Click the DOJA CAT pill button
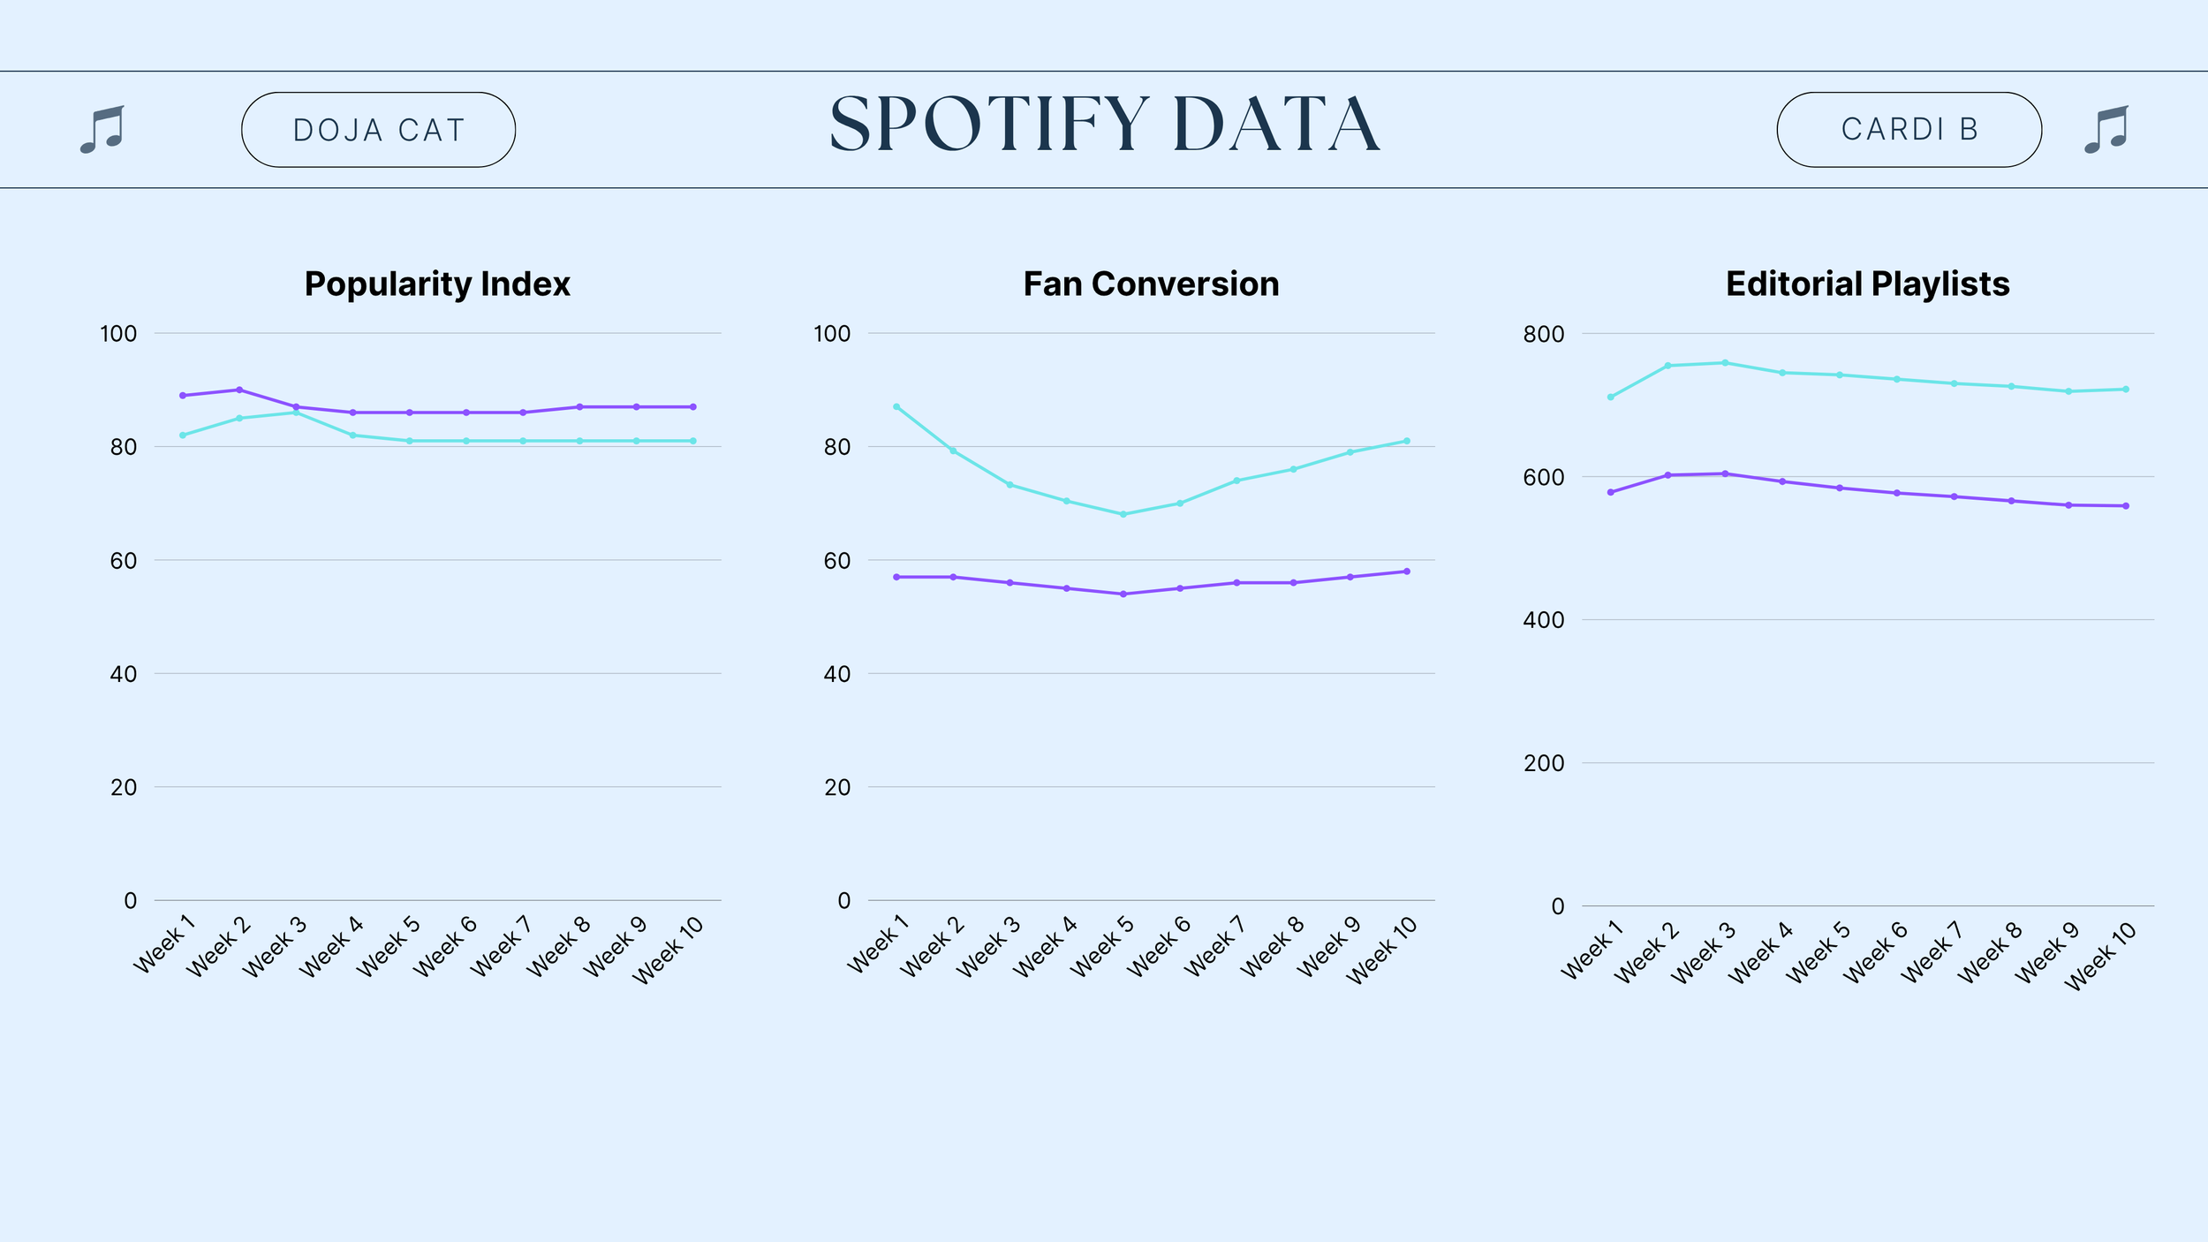pyautogui.click(x=378, y=130)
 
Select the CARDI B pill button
pyautogui.click(x=1909, y=130)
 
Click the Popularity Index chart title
pyautogui.click(x=437, y=284)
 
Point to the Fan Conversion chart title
pyautogui.click(x=1151, y=284)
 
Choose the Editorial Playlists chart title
pyautogui.click(x=1868, y=284)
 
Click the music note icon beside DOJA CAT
pyautogui.click(x=102, y=130)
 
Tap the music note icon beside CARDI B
pyautogui.click(x=2106, y=130)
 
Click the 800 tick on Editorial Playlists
pyautogui.click(x=1543, y=334)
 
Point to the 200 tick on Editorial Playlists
pyautogui.click(x=1543, y=763)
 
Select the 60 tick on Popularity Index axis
pyautogui.click(x=124, y=561)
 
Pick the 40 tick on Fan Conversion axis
pyautogui.click(x=837, y=674)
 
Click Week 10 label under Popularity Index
pyautogui.click(x=669, y=950)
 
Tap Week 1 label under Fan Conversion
pyautogui.click(x=878, y=944)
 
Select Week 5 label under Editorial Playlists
pyautogui.click(x=1818, y=952)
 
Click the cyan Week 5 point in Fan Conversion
pyautogui.click(x=1123, y=514)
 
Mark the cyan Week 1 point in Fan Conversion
pyautogui.click(x=896, y=407)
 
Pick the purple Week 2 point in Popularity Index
pyautogui.click(x=239, y=390)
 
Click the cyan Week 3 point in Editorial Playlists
pyautogui.click(x=1725, y=363)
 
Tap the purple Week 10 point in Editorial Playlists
pyautogui.click(x=2126, y=506)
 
